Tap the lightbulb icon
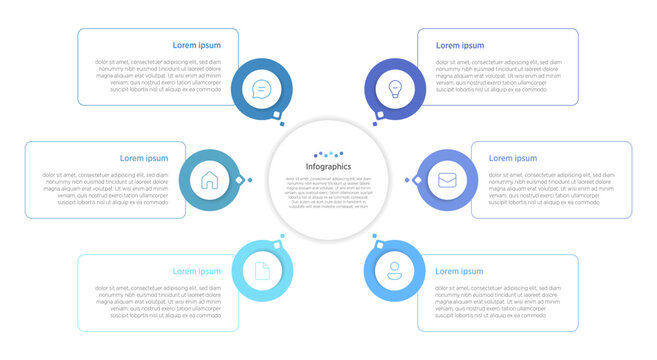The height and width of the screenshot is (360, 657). click(x=395, y=89)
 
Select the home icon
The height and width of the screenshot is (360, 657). click(x=209, y=181)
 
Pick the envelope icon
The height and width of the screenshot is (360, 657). click(x=447, y=180)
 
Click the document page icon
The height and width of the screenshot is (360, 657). click(x=261, y=270)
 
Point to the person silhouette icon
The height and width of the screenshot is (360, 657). click(x=395, y=269)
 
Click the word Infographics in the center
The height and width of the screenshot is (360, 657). click(x=328, y=166)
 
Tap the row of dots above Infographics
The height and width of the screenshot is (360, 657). click(x=328, y=155)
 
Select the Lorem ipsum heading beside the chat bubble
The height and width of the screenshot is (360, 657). click(x=197, y=45)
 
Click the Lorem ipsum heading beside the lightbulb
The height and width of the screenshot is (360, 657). click(x=460, y=45)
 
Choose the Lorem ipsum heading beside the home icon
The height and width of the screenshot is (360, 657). click(x=144, y=158)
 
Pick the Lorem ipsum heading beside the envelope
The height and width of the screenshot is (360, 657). click(x=513, y=158)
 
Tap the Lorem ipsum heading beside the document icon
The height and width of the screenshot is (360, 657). click(x=197, y=271)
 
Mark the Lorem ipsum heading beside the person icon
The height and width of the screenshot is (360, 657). click(x=459, y=271)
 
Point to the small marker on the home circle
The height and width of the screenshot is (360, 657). click(x=239, y=180)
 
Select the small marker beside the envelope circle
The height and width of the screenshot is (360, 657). click(x=407, y=181)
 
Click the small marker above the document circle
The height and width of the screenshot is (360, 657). click(x=282, y=237)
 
